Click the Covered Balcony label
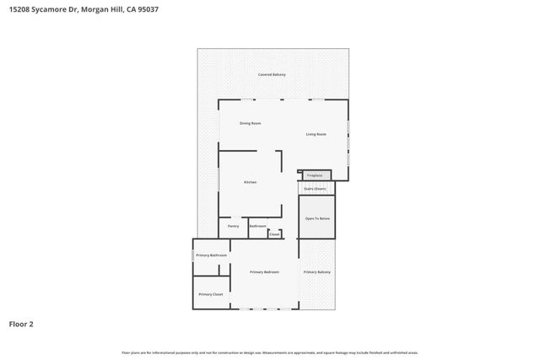coord(272,75)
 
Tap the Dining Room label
coord(250,124)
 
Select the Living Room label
coord(316,135)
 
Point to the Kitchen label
coord(250,182)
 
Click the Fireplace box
coord(315,175)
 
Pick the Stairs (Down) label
coord(315,189)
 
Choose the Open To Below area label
coord(317,218)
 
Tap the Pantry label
coord(234,226)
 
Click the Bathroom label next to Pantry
coord(257,226)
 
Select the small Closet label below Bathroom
coord(274,234)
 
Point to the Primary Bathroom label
coord(211,255)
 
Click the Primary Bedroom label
coord(264,272)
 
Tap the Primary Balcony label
coord(317,272)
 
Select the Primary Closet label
coord(211,294)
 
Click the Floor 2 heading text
coord(22,323)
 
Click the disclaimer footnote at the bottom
coord(270,352)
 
